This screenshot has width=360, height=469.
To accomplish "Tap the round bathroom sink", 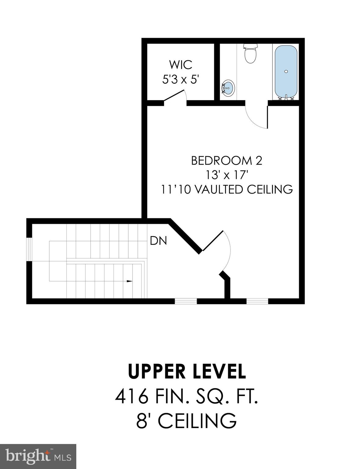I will click(x=228, y=88).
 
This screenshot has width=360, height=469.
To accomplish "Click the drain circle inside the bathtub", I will click(x=286, y=71).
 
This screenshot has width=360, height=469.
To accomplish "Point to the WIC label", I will click(x=181, y=65).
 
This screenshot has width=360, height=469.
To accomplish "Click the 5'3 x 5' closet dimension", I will click(x=181, y=80).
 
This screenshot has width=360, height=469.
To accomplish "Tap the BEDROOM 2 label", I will click(x=227, y=161).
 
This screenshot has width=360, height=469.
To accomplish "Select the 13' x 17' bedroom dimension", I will click(x=227, y=175).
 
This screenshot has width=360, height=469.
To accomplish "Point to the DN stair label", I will click(x=158, y=241).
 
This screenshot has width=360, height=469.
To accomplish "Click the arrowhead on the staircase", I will click(x=130, y=281).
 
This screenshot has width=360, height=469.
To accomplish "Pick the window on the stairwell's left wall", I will click(x=29, y=249).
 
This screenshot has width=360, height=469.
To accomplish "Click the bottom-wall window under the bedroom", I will click(x=257, y=301).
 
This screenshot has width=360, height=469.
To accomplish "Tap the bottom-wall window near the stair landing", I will click(x=186, y=301).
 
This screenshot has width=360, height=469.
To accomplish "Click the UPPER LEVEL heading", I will click(x=187, y=371).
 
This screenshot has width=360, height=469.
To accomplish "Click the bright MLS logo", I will click(x=38, y=457).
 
